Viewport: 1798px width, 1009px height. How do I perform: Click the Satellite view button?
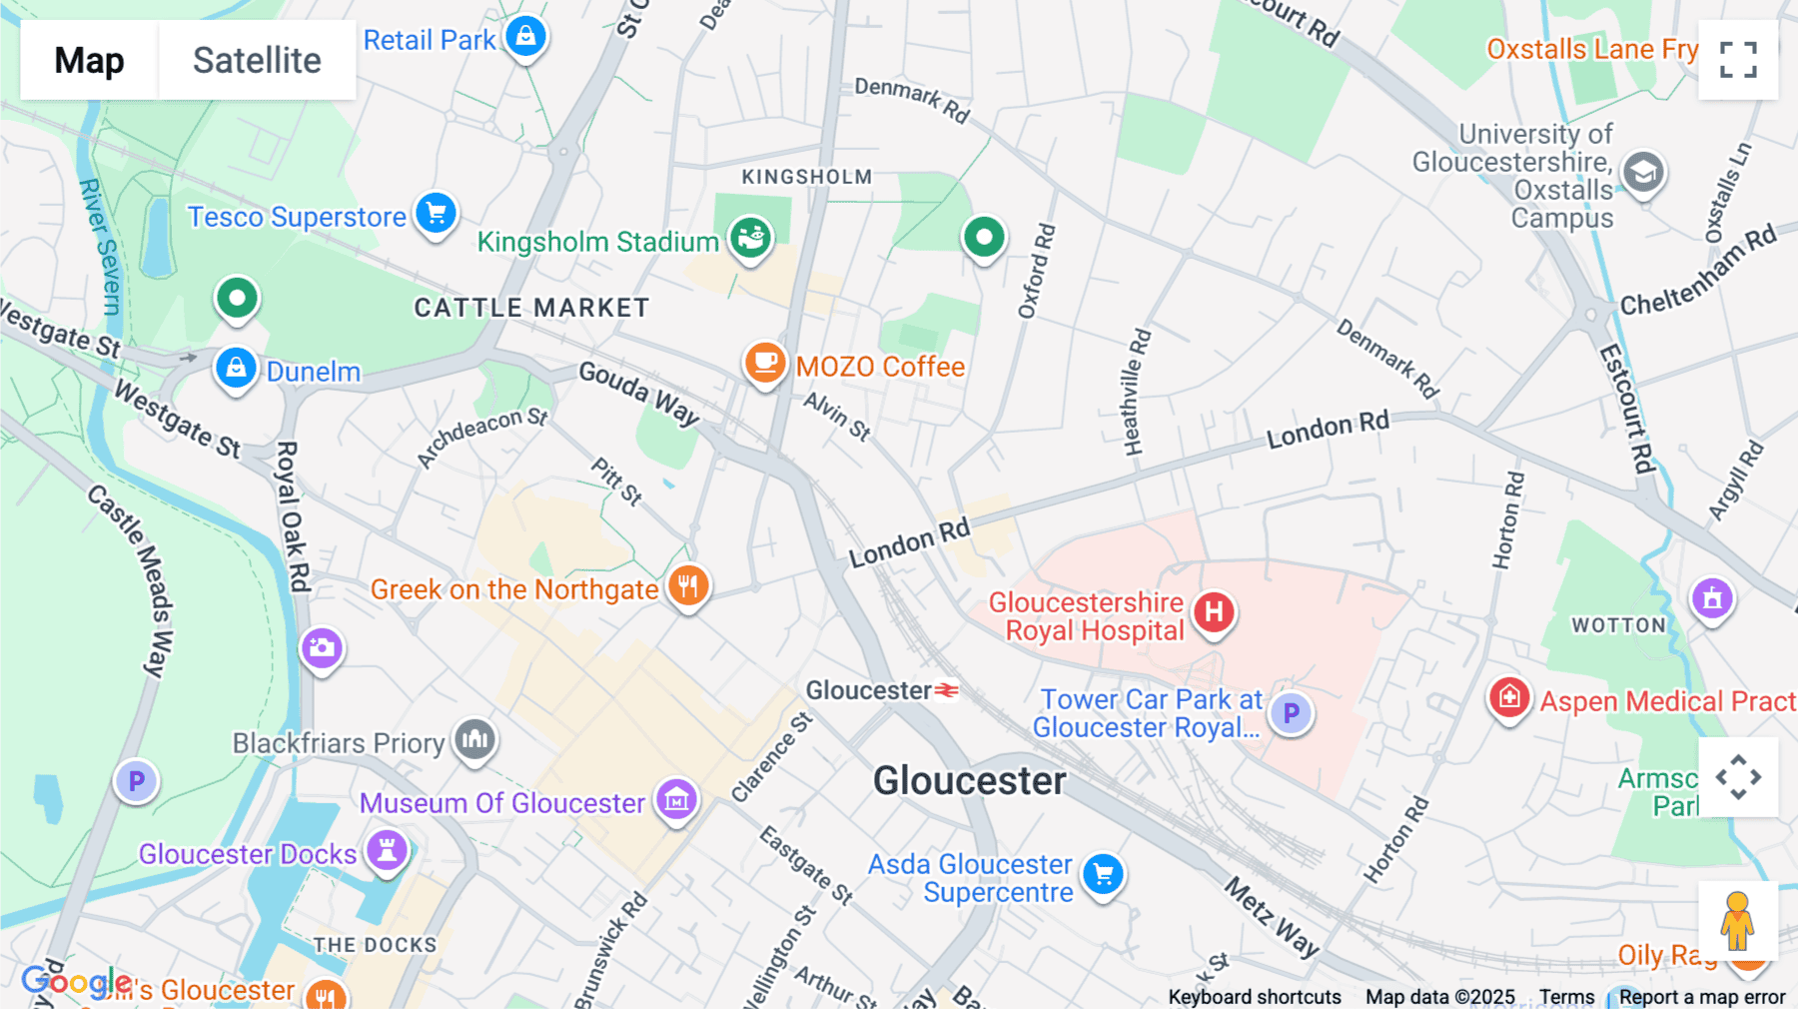point(257,60)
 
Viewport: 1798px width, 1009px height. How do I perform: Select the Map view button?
point(89,60)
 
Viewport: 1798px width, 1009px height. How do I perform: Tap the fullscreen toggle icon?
point(1738,60)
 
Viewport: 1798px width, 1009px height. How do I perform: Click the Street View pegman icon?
point(1737,921)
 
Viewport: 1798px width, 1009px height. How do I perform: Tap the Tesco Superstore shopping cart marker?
point(436,213)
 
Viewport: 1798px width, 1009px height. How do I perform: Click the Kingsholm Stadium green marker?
point(750,238)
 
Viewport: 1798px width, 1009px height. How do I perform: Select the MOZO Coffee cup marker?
point(765,363)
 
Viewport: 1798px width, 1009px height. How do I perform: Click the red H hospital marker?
point(1214,612)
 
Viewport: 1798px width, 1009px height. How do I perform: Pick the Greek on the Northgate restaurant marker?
point(688,585)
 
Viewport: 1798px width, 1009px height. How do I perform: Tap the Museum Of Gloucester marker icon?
point(676,799)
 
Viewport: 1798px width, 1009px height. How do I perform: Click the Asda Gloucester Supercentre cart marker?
point(1103,875)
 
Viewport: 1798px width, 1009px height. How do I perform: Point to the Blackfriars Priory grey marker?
point(474,740)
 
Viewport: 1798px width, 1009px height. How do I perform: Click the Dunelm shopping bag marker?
point(236,369)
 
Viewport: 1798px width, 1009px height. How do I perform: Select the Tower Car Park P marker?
point(1291,713)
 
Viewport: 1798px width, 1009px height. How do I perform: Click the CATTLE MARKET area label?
point(531,308)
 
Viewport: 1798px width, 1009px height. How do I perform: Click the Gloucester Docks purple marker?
point(387,850)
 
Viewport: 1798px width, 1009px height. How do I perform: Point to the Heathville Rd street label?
point(1136,393)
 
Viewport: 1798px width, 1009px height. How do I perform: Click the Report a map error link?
point(1701,997)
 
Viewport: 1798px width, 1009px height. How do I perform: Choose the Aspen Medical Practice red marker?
point(1508,697)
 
